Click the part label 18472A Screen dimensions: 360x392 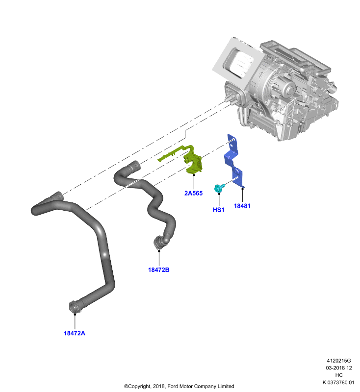coord(74,333)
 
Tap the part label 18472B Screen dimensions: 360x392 coord(158,270)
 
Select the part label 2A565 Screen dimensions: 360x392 coord(193,193)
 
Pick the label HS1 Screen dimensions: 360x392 coord(218,210)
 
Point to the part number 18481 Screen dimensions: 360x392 coord(242,206)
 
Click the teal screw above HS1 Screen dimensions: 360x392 coord(219,188)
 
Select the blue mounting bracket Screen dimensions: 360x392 coord(234,161)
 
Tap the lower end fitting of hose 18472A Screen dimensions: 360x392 coord(75,307)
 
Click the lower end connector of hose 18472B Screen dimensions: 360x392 coord(158,242)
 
